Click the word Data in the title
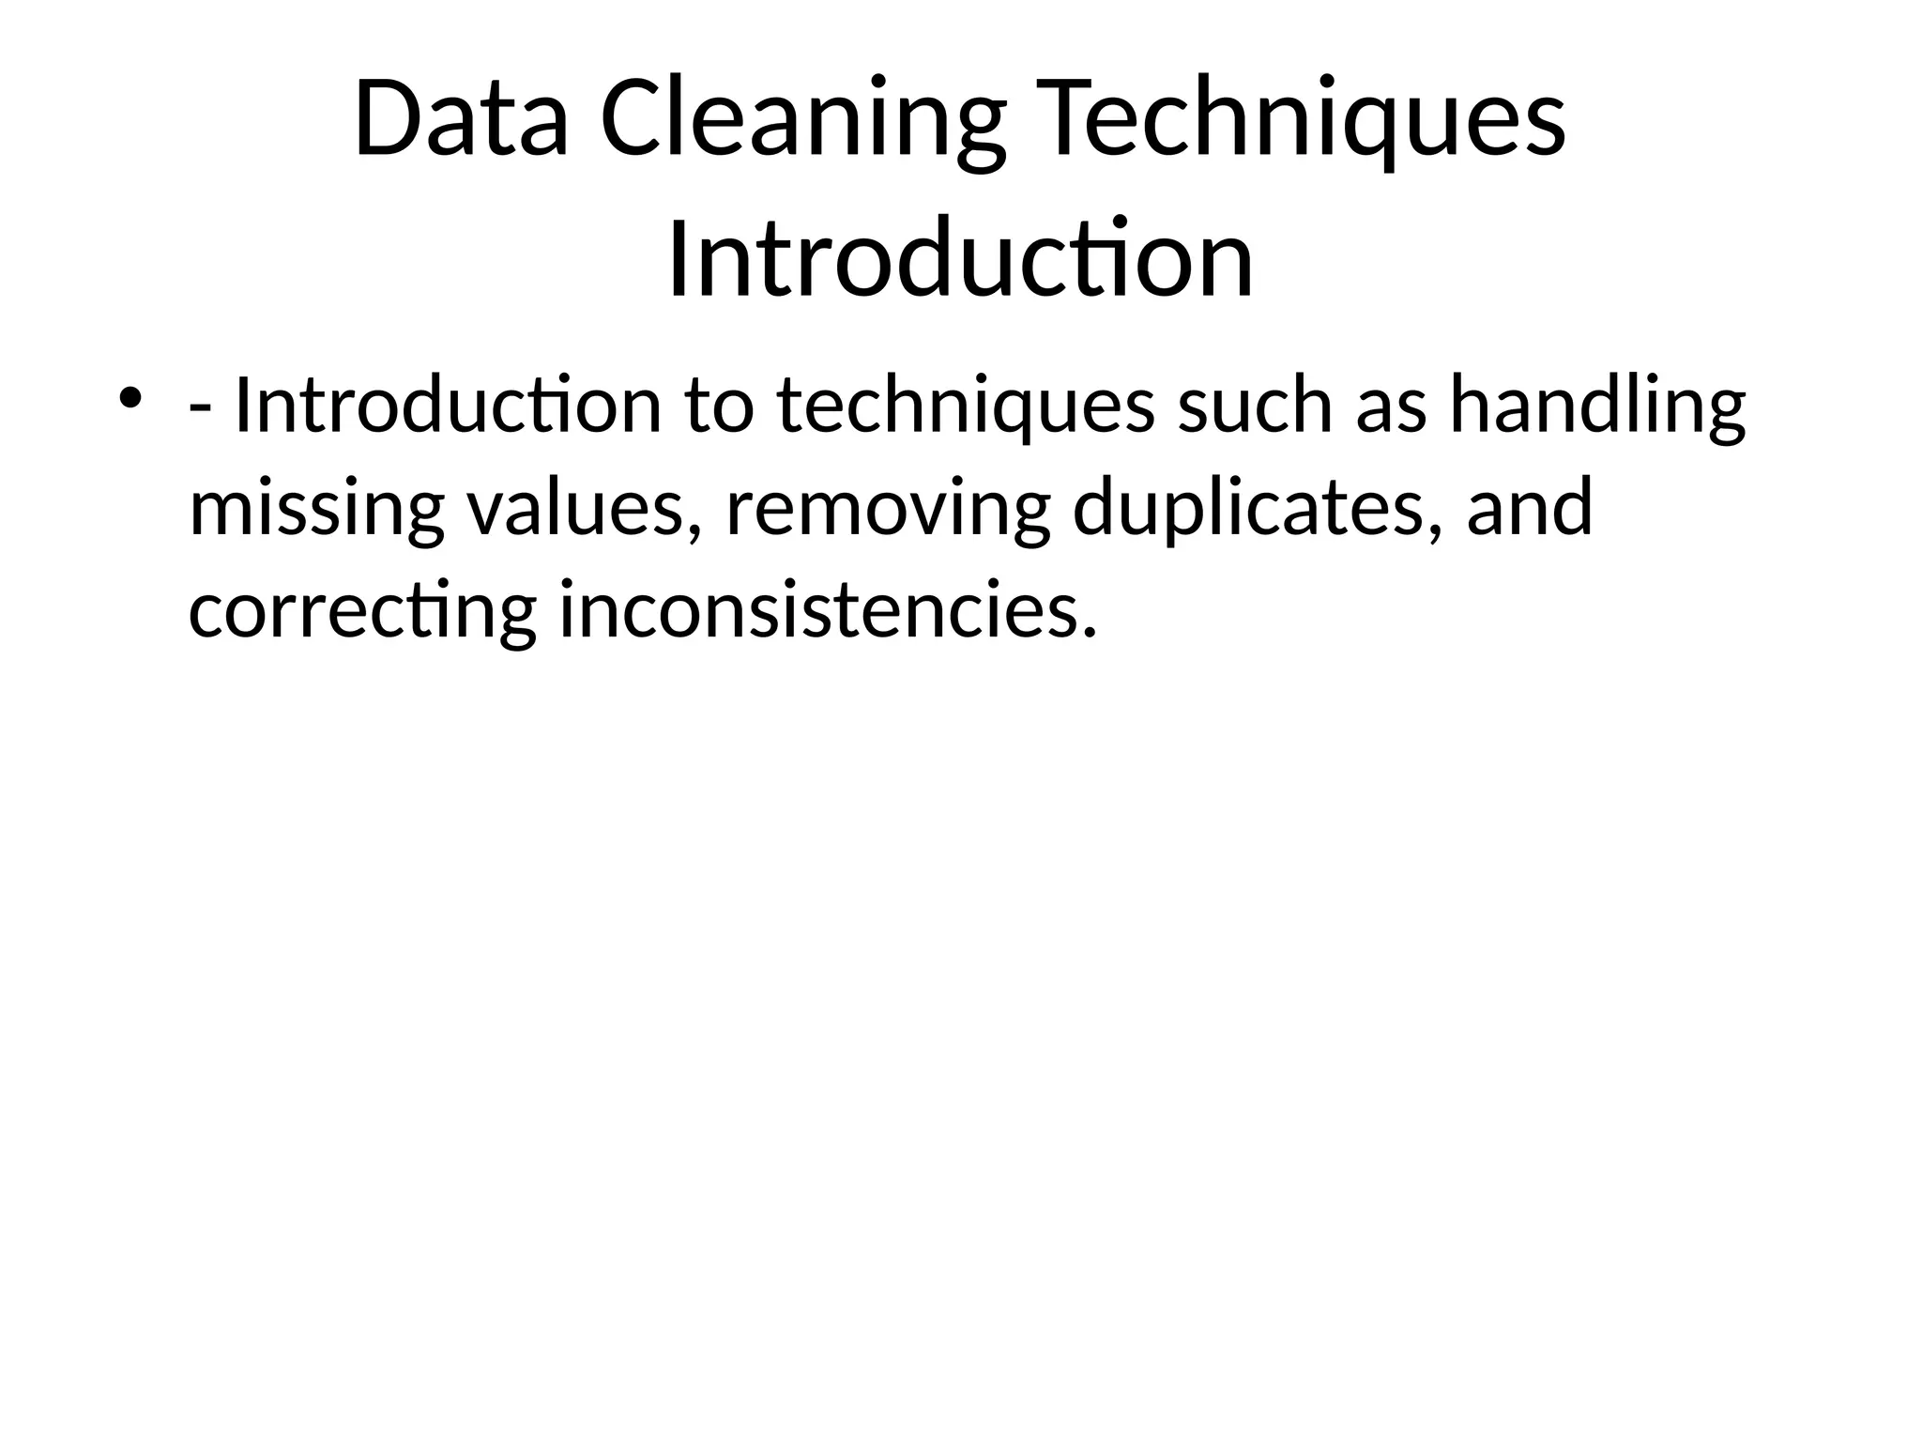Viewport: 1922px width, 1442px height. (x=461, y=120)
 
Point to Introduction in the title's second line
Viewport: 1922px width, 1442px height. (x=960, y=255)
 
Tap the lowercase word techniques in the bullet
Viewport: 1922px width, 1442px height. (x=966, y=407)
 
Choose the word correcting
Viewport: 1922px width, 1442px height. (x=362, y=611)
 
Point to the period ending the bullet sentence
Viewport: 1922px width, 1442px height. (x=1088, y=631)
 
